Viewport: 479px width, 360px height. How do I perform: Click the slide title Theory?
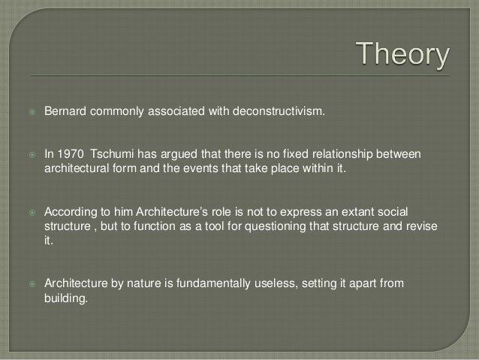(402, 56)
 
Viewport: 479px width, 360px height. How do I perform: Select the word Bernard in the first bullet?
(67, 113)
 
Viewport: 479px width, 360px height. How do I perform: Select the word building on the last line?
(66, 299)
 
